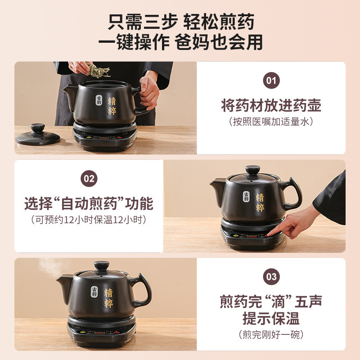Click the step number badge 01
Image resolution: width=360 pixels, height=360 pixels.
tap(271, 81)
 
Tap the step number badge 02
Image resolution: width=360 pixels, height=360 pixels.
tap(89, 179)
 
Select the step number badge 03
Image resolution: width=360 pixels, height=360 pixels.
tap(271, 276)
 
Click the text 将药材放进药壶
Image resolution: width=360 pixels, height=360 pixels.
tap(271, 106)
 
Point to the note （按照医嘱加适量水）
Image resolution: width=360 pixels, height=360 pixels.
tap(271, 121)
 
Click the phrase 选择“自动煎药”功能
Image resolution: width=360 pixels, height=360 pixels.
tap(89, 203)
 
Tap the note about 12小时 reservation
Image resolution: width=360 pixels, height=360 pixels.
tap(89, 220)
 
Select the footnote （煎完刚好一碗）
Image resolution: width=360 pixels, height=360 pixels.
tap(271, 334)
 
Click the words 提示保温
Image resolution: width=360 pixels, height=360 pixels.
tap(271, 319)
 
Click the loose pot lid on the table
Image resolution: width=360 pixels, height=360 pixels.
tap(38, 135)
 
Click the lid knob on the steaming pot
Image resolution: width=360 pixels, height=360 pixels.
tap(102, 265)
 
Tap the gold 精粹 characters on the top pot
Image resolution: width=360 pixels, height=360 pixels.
tap(112, 105)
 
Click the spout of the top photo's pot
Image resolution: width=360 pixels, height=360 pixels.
tap(70, 93)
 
